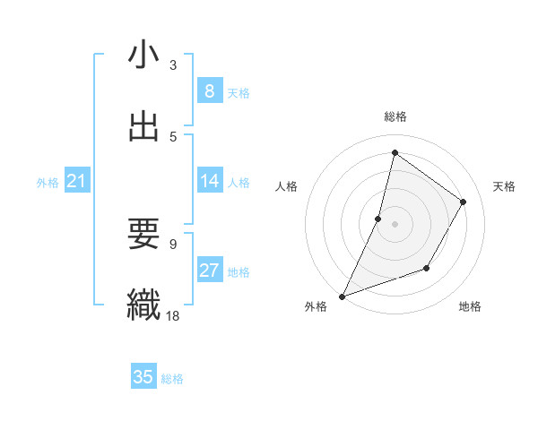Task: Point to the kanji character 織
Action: [x=143, y=304]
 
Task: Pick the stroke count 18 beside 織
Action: [x=173, y=314]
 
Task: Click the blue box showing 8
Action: [x=210, y=91]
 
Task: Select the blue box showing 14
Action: [x=210, y=181]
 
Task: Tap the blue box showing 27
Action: [x=210, y=271]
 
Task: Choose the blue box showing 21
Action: [x=77, y=182]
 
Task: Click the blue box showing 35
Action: [x=143, y=377]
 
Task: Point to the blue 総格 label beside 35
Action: [x=172, y=379]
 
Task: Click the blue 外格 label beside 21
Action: [x=48, y=183]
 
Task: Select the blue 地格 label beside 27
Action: [x=239, y=272]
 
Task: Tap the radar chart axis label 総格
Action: [x=395, y=116]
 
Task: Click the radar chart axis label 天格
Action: [x=504, y=186]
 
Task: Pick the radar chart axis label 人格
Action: [x=286, y=186]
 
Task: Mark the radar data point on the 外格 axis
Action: [x=342, y=296]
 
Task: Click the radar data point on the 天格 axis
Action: [x=464, y=202]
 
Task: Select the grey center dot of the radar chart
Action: [x=395, y=223]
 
